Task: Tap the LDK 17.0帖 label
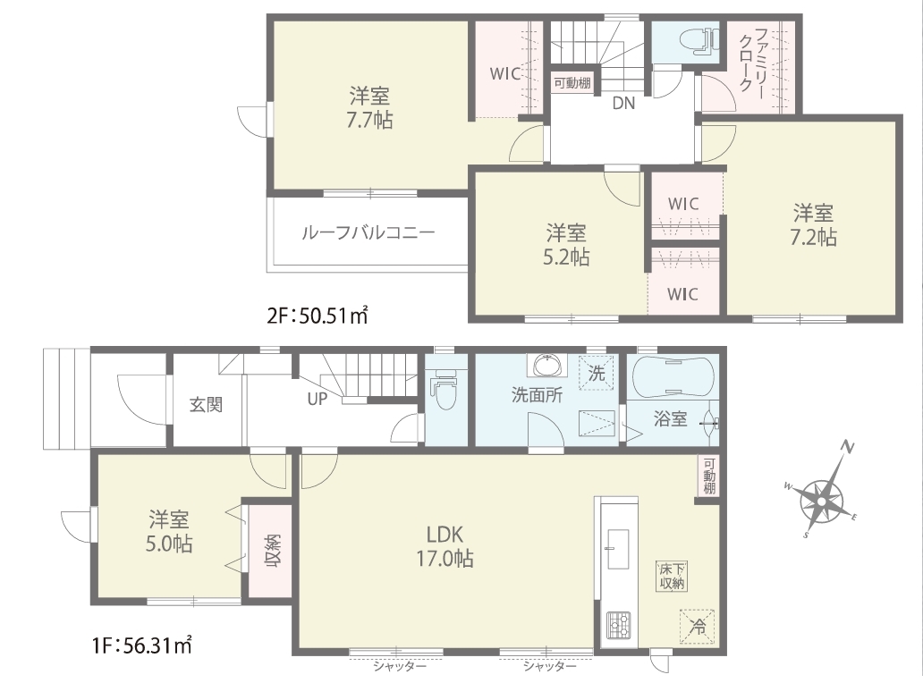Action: click(445, 546)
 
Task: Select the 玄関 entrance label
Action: click(206, 405)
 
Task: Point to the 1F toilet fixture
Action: click(445, 389)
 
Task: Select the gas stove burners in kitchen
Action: click(618, 625)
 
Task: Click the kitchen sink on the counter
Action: click(617, 549)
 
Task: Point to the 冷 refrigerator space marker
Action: click(698, 626)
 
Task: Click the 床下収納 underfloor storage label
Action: click(671, 576)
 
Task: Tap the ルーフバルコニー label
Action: click(368, 233)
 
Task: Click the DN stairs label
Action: click(624, 104)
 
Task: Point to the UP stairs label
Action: click(317, 399)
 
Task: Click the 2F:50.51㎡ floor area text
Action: click(318, 316)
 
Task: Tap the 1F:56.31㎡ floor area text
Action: click(142, 645)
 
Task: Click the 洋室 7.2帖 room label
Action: click(813, 224)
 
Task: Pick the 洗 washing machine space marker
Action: click(596, 373)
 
